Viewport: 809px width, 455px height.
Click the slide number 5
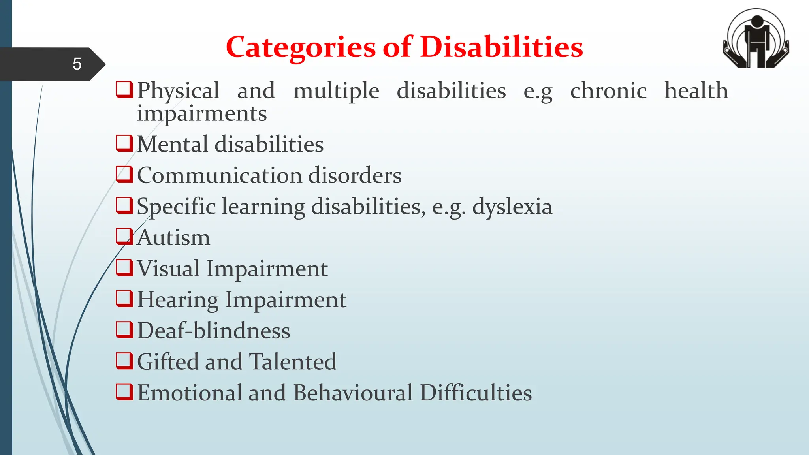click(77, 64)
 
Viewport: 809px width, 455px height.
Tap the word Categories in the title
click(300, 47)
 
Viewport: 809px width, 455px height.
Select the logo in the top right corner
click(756, 39)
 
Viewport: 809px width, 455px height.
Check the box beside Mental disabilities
click(124, 143)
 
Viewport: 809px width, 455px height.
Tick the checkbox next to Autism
click(124, 237)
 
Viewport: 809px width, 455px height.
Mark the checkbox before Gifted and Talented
click(124, 361)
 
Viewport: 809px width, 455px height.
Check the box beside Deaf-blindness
click(124, 330)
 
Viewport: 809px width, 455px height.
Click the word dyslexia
click(512, 207)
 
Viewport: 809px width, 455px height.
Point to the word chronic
click(608, 91)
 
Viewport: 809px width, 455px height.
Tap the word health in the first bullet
click(696, 91)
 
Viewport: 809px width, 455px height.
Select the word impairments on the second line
click(202, 114)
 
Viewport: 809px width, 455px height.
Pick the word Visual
click(168, 269)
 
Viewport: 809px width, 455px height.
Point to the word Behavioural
click(353, 393)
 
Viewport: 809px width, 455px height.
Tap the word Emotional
click(189, 393)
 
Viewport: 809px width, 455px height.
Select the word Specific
click(176, 207)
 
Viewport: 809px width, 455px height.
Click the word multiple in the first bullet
click(336, 91)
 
